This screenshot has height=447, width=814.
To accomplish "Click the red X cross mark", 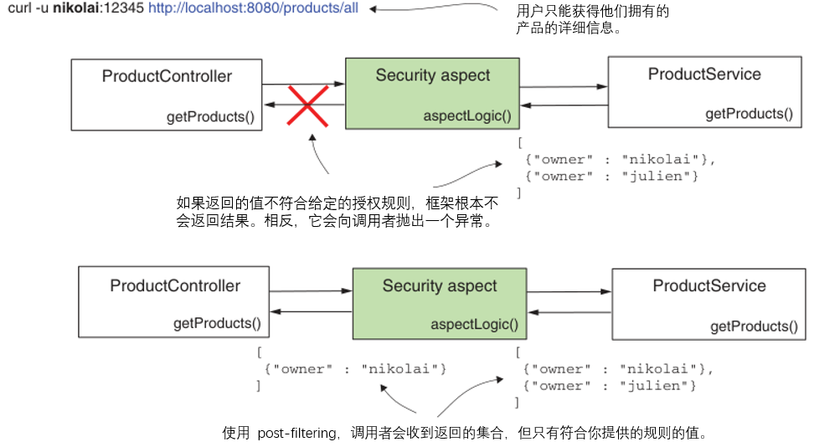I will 307,105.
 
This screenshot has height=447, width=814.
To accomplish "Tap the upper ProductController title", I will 167,76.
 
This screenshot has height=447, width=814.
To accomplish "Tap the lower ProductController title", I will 174,285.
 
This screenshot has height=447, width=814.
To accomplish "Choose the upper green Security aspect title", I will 432,75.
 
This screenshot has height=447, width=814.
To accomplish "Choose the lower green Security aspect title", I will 440,285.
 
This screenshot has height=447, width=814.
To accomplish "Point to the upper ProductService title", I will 704,74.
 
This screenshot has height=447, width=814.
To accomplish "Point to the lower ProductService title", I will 708,285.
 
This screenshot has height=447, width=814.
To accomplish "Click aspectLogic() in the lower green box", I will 474,325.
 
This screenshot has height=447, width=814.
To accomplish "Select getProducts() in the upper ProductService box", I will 749,114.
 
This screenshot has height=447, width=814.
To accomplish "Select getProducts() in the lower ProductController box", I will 217,323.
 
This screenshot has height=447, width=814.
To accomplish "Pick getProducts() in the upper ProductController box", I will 210,116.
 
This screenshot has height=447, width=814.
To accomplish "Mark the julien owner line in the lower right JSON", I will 609,385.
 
